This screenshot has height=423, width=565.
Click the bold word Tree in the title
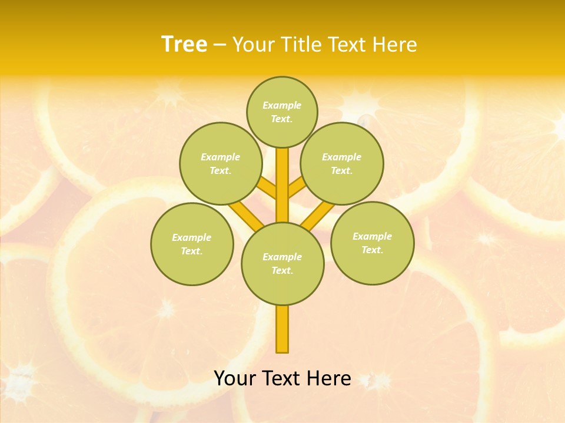[184, 45]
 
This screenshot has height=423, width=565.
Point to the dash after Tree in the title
[220, 45]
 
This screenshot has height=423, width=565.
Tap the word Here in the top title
[394, 45]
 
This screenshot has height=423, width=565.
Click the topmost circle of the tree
[282, 112]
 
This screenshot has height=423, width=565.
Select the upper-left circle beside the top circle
[220, 163]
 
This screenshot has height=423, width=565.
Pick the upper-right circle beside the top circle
[341, 163]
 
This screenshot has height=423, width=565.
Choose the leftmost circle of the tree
[192, 244]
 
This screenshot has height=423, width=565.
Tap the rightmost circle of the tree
[372, 243]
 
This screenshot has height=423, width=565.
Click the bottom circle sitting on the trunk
[282, 263]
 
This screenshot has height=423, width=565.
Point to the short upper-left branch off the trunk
[267, 188]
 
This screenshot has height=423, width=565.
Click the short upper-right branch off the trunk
[297, 188]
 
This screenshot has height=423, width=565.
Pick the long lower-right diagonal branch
[318, 214]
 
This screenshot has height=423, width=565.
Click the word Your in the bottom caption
[236, 378]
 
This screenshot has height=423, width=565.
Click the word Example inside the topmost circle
[282, 105]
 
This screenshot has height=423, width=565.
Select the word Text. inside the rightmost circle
[372, 250]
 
